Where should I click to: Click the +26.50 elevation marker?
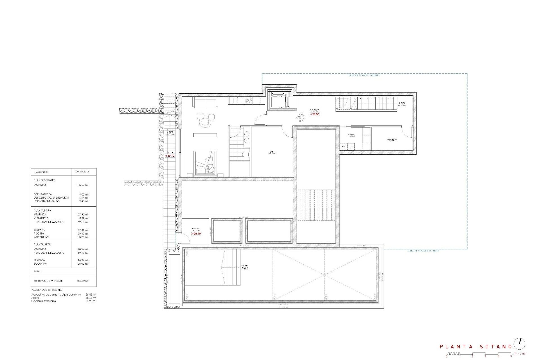coord(315,114)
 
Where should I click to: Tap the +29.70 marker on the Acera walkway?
coord(170,156)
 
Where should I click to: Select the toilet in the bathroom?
coord(246,154)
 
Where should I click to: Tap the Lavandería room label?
coord(352,135)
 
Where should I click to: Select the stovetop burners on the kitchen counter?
coord(249,100)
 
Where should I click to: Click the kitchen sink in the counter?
coord(237,100)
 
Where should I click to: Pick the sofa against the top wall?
coord(205,102)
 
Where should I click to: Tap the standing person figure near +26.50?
coord(301,117)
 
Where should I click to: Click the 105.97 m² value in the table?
coord(82,185)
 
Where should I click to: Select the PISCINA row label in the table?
coord(39,233)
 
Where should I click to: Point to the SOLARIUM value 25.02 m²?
coord(83,264)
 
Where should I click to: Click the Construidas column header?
coord(82,172)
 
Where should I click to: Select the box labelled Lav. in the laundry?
coord(343,147)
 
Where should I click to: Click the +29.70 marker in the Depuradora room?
coord(196,234)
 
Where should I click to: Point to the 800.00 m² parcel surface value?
coord(83,281)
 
